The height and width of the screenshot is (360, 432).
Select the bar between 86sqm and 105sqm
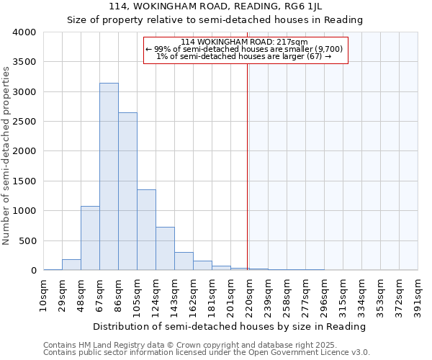coord(127,191)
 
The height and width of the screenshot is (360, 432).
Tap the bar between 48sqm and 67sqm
coord(90,238)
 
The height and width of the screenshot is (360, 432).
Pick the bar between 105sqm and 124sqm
coord(146,230)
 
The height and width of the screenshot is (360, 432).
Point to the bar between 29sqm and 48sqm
coord(71,265)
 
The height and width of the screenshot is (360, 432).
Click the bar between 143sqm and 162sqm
coord(184,261)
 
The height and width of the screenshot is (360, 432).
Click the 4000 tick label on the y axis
coord(24,32)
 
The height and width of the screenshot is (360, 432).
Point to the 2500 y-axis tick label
coord(24,122)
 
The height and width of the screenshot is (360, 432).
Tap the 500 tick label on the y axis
coord(27,240)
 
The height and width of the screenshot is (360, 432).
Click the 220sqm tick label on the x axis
coord(250,296)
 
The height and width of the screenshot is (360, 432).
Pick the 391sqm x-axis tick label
coord(419,296)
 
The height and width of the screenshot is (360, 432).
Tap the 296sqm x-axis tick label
coord(325,296)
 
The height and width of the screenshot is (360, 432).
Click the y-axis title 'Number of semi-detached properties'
coord(6,155)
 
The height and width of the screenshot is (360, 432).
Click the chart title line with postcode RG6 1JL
coord(215,6)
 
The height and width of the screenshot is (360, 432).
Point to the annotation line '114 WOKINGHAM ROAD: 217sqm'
coord(245,42)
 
